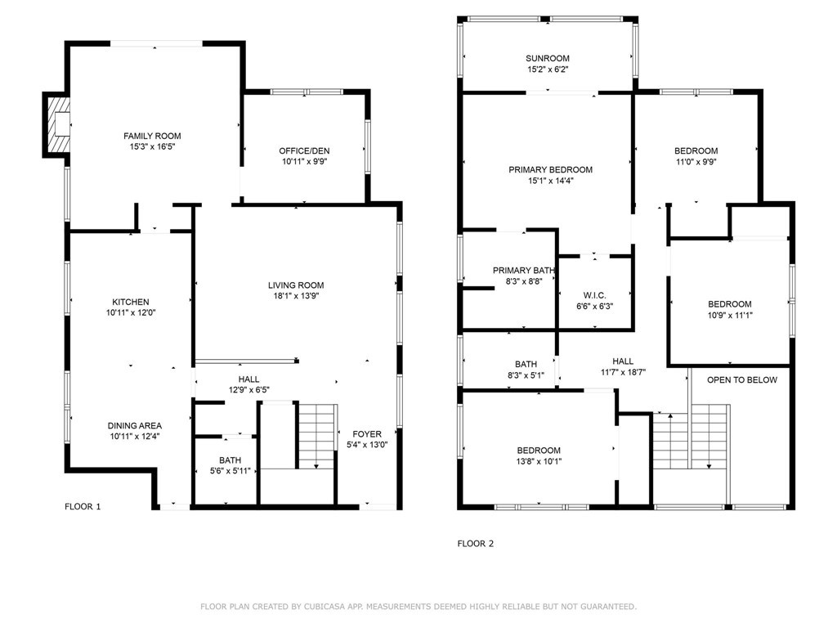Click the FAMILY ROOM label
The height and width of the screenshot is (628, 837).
click(x=152, y=136)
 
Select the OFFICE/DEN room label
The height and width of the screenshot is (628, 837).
click(x=304, y=150)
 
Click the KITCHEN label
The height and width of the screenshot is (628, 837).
click(x=131, y=302)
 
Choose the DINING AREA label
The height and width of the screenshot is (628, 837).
click(x=135, y=425)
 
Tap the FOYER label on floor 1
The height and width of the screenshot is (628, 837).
click(x=367, y=433)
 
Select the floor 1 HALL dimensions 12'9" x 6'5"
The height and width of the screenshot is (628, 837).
click(x=248, y=391)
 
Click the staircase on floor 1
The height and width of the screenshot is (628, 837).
click(x=316, y=436)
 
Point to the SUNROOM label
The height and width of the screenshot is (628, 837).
click(x=548, y=58)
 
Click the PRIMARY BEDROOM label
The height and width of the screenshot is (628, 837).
click(x=550, y=169)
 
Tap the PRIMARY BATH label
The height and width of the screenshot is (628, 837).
click(x=524, y=271)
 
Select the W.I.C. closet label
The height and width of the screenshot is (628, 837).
click(x=593, y=295)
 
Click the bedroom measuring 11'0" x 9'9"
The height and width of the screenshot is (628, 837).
click(x=696, y=150)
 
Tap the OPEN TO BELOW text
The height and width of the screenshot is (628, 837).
click(x=741, y=379)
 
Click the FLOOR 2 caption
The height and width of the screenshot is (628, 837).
click(x=475, y=543)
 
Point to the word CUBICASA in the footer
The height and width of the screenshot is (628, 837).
click(x=333, y=607)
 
